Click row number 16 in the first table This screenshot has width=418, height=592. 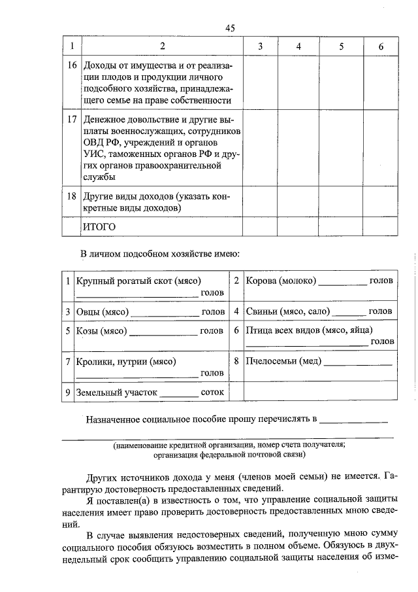72,66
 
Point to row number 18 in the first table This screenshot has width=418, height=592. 72,196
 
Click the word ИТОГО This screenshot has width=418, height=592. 99,226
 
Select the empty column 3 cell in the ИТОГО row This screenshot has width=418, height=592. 260,226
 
